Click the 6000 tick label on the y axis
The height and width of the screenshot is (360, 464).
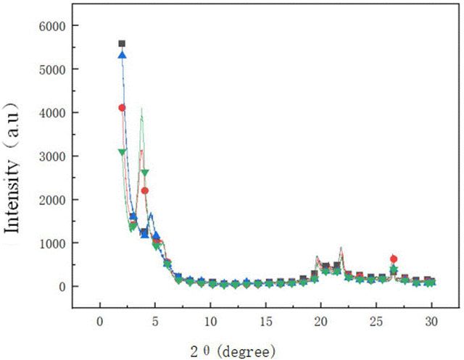pyautogui.click(x=51, y=26)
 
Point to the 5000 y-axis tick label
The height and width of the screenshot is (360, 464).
pyautogui.click(x=51, y=70)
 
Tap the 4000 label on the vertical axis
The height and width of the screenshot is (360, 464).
pyautogui.click(x=51, y=113)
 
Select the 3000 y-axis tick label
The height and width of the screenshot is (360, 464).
pyautogui.click(x=51, y=156)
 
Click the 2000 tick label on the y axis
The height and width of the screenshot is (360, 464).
pyautogui.click(x=51, y=200)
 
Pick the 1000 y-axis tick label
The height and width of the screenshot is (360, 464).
pyautogui.click(x=51, y=243)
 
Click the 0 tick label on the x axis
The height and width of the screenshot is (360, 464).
pyautogui.click(x=100, y=322)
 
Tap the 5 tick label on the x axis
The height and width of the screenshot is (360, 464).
pyautogui.click(x=155, y=322)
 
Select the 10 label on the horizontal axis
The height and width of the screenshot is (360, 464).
pyautogui.click(x=210, y=322)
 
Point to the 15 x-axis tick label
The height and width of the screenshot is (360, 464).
pyautogui.click(x=266, y=322)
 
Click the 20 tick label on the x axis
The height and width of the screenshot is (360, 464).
pyautogui.click(x=321, y=322)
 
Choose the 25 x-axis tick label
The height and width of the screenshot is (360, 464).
pyautogui.click(x=376, y=322)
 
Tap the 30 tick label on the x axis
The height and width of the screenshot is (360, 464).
pyautogui.click(x=432, y=322)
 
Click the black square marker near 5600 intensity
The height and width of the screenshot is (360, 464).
pyautogui.click(x=122, y=43)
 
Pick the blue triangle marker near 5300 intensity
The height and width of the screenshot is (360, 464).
pyautogui.click(x=123, y=55)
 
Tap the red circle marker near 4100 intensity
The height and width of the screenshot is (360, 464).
pyautogui.click(x=122, y=108)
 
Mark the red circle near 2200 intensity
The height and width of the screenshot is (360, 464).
pyautogui.click(x=144, y=191)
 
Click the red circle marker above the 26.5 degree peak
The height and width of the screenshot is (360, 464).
pyautogui.click(x=394, y=259)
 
